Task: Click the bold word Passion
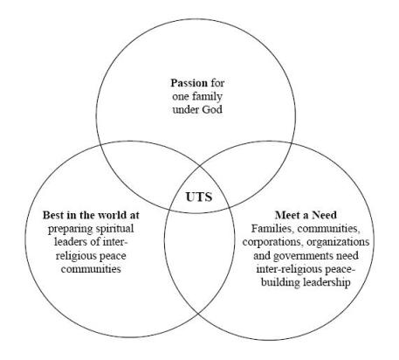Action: click(189, 83)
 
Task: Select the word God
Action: click(211, 109)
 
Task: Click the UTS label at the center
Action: click(199, 197)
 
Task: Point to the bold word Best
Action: click(53, 215)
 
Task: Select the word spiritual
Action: click(115, 229)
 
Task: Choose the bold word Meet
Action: click(288, 215)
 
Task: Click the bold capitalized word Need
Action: click(324, 215)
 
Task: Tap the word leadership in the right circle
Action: click(327, 282)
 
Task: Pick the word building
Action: click(281, 282)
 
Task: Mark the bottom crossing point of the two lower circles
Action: click(199, 314)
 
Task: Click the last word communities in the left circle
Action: click(91, 268)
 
